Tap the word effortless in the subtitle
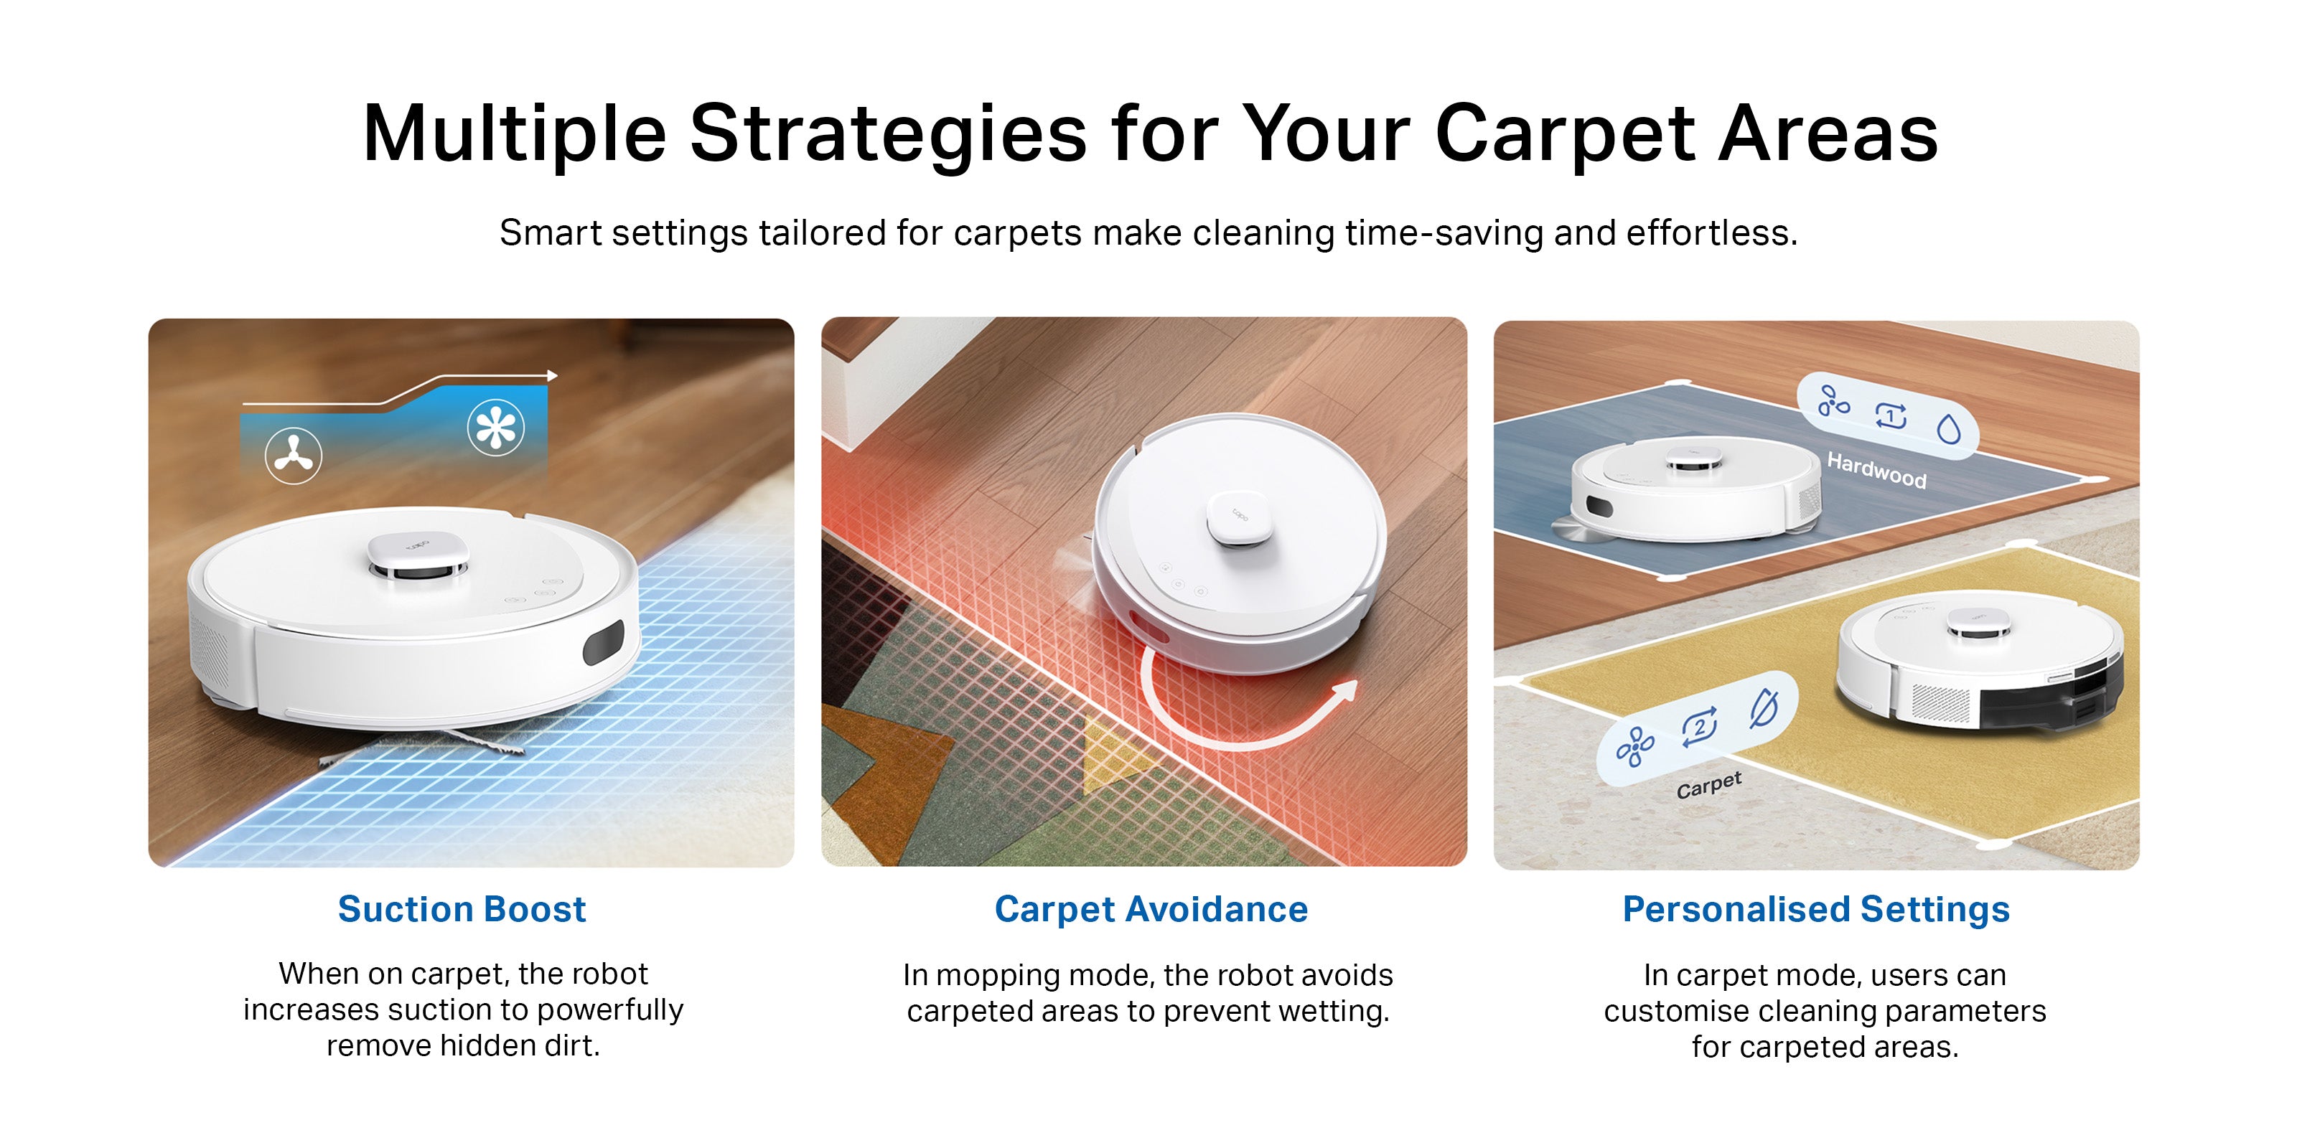1712,232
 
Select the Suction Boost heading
462,909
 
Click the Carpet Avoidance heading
1151,909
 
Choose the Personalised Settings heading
1816,910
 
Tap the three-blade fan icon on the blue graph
294,456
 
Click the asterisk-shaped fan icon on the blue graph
496,428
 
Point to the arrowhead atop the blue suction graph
553,376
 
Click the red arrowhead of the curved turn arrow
1346,692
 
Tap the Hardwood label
1877,470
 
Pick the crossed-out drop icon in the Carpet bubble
1764,710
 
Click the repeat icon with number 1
1891,415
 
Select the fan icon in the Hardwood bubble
1833,401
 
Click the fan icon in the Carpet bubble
1634,747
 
